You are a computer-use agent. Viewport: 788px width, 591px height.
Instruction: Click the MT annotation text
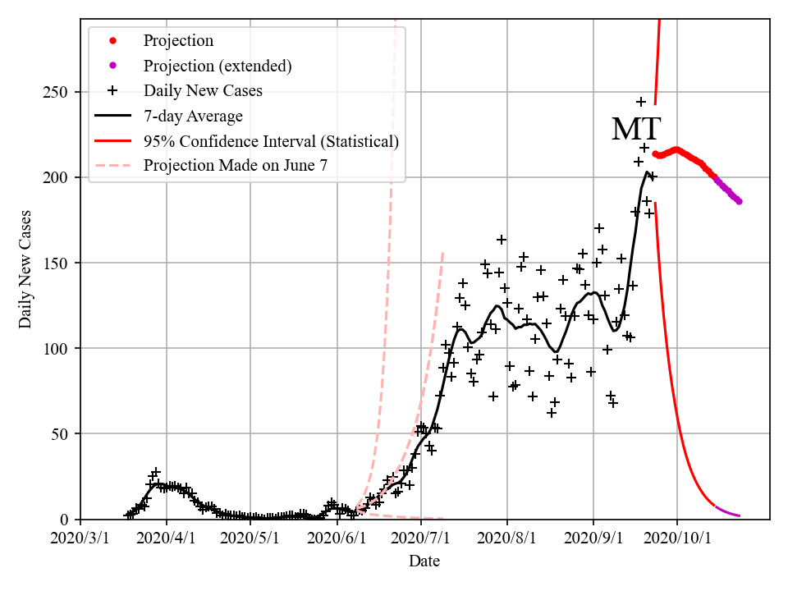[636, 130]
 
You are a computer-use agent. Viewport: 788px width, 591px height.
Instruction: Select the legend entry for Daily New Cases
[203, 90]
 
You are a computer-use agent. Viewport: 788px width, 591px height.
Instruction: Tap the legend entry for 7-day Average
[192, 116]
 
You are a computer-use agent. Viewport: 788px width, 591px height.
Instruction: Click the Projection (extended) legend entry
[218, 66]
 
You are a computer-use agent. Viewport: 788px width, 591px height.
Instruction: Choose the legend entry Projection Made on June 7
[235, 166]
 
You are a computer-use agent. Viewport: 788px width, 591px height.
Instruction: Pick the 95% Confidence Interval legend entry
[271, 141]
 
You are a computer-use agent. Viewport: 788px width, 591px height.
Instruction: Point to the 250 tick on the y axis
[60, 92]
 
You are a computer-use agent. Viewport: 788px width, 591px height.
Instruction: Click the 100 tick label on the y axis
[60, 348]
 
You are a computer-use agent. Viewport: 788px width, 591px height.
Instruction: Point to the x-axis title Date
[424, 562]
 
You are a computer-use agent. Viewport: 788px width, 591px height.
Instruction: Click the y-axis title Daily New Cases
[25, 269]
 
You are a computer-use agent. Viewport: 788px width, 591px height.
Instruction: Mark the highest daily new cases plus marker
[641, 102]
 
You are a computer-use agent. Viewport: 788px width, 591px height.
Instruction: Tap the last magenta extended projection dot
[739, 201]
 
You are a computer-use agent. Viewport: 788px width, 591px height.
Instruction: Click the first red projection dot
[655, 153]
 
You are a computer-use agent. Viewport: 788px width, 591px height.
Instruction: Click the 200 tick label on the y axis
[60, 177]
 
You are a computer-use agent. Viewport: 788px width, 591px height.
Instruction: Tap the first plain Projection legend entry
[178, 41]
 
